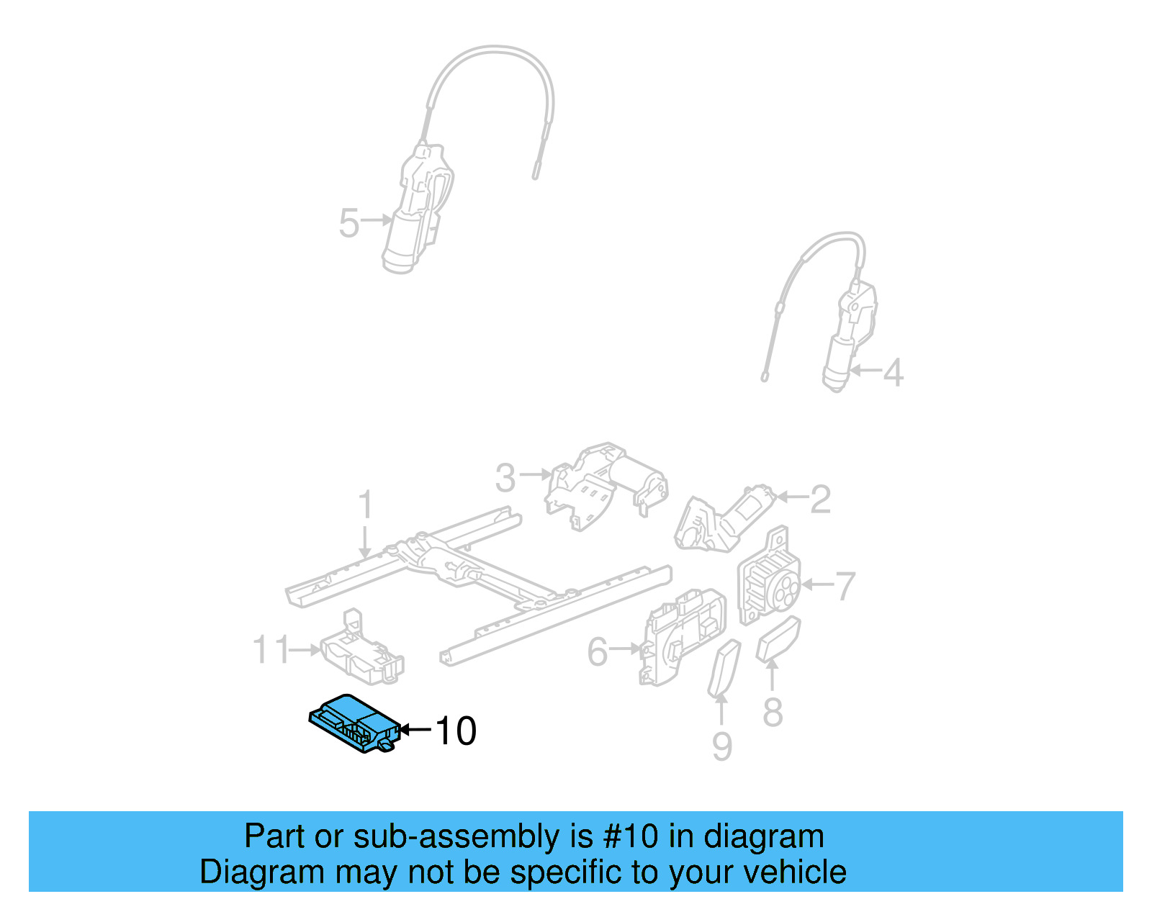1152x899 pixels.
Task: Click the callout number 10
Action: tap(456, 731)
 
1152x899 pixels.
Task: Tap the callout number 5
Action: tap(349, 223)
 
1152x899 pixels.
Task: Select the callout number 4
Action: tap(893, 373)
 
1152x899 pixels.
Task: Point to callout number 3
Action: tap(505, 478)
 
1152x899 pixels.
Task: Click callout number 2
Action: tap(820, 500)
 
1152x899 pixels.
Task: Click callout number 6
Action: tap(598, 652)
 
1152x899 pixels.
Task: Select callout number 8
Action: tap(773, 713)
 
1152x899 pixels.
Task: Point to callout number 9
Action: tap(722, 746)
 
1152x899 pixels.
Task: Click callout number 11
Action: tap(271, 650)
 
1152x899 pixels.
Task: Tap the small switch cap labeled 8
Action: tap(778, 639)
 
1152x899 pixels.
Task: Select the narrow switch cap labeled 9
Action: tap(724, 669)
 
